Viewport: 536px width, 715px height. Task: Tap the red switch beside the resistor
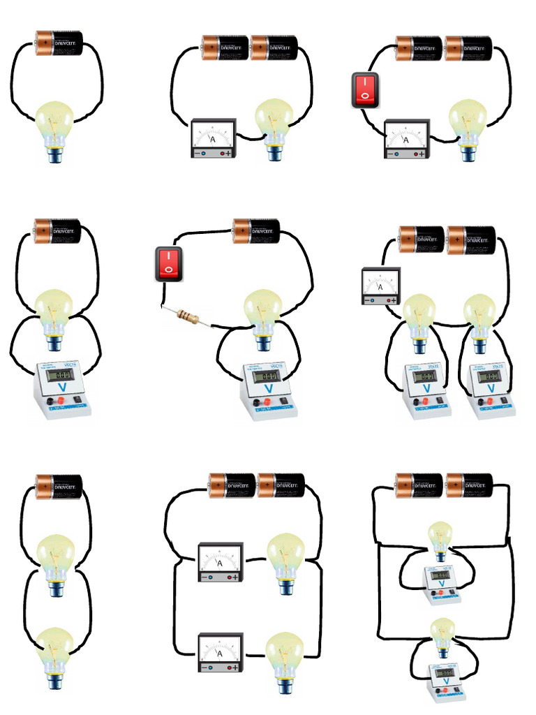click(x=168, y=264)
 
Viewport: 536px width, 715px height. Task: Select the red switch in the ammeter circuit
click(x=364, y=90)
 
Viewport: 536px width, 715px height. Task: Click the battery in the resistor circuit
click(x=255, y=230)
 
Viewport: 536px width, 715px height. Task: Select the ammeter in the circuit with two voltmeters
click(x=380, y=286)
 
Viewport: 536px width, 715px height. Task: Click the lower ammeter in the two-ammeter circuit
click(x=220, y=653)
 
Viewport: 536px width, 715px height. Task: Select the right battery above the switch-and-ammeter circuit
click(x=468, y=49)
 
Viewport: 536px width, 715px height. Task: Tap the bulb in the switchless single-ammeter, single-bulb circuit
click(x=274, y=128)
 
